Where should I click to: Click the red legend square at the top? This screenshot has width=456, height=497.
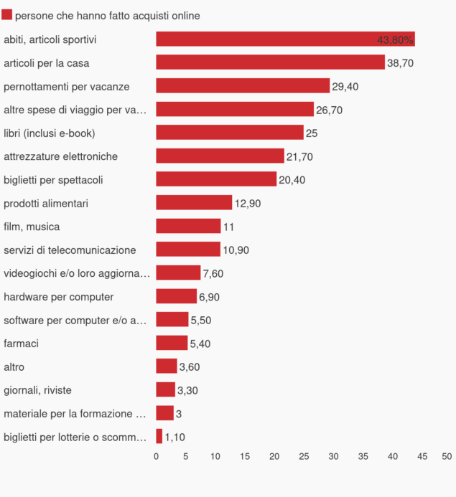7,15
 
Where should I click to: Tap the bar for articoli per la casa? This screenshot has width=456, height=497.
270,62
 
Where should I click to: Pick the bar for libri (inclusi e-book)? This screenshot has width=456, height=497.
230,133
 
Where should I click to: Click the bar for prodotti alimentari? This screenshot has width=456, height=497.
194,203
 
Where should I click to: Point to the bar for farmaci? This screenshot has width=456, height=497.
172,344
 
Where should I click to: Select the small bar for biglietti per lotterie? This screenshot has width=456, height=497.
159,437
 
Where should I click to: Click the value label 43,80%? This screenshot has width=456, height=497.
395,39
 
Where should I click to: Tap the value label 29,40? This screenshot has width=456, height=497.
345,86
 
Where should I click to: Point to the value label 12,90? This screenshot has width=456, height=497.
248,203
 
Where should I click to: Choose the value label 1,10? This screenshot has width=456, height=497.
175,437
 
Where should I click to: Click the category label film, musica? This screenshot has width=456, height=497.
32,227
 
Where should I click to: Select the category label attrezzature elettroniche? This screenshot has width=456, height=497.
60,156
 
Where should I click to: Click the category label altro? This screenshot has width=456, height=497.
14,367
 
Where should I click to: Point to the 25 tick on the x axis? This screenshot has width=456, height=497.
304,456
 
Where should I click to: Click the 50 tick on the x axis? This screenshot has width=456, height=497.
447,456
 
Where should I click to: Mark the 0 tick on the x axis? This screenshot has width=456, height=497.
157,456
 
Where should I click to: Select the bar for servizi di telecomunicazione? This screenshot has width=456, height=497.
188,250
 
